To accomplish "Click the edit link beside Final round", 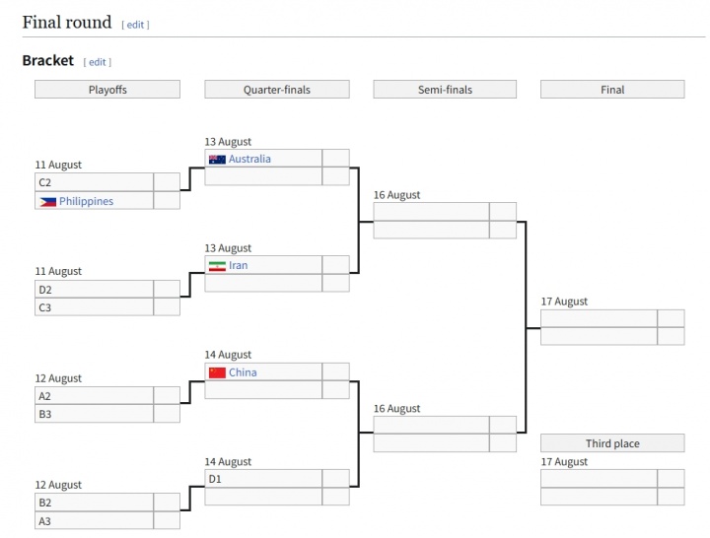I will click(x=135, y=24).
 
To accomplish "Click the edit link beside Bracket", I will click(x=97, y=62).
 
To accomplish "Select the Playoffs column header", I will click(x=107, y=90).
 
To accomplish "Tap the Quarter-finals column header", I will click(x=277, y=90).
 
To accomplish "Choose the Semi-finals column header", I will click(x=445, y=90).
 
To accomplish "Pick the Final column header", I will click(x=612, y=90).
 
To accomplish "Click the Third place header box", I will click(x=612, y=443).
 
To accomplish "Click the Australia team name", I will click(x=249, y=159).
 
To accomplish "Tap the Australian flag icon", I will click(x=217, y=159).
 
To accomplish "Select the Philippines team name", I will click(x=86, y=201).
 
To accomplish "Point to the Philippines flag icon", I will click(x=47, y=201).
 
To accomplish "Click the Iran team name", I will click(x=238, y=265).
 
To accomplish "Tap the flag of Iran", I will click(x=217, y=265).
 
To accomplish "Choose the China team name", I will click(x=243, y=372).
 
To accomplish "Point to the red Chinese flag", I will click(x=217, y=372).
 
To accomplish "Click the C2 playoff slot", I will click(x=94, y=182).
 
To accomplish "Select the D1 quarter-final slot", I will click(x=263, y=479).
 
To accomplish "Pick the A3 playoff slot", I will click(x=94, y=521).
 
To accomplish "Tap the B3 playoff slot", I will click(x=94, y=414).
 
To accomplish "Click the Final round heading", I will click(x=67, y=22).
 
